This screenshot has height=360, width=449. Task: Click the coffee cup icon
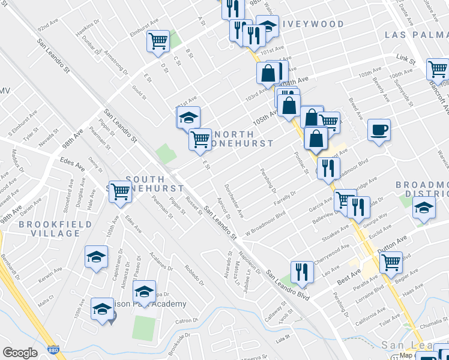379,130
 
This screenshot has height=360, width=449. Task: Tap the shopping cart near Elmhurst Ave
158,41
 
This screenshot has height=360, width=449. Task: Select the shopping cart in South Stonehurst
120,191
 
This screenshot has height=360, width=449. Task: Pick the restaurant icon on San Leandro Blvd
302,271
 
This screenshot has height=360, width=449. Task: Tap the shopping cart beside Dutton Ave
391,262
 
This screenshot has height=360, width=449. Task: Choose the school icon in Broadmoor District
424,208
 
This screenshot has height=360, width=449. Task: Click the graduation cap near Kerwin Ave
96,257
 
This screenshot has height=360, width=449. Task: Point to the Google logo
20,353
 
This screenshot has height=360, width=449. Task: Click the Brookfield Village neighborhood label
55,229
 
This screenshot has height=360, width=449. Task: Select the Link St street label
406,60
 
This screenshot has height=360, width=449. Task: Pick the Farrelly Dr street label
285,196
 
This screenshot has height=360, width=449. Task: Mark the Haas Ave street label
414,288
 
